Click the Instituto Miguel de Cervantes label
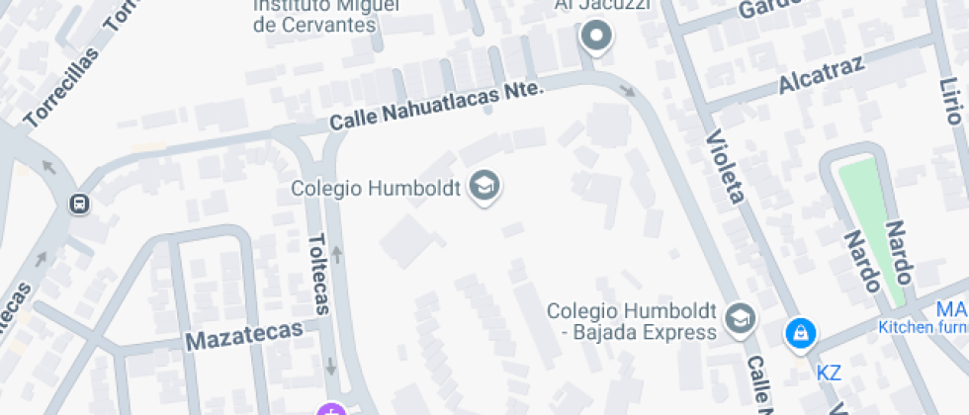click(316, 15)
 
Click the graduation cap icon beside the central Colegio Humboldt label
click(484, 186)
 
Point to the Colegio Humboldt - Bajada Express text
click(632, 321)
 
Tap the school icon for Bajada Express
click(738, 318)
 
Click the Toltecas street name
click(317, 274)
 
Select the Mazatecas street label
click(244, 336)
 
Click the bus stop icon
click(78, 204)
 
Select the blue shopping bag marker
click(799, 333)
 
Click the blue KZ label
click(829, 373)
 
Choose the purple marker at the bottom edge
click(330, 409)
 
